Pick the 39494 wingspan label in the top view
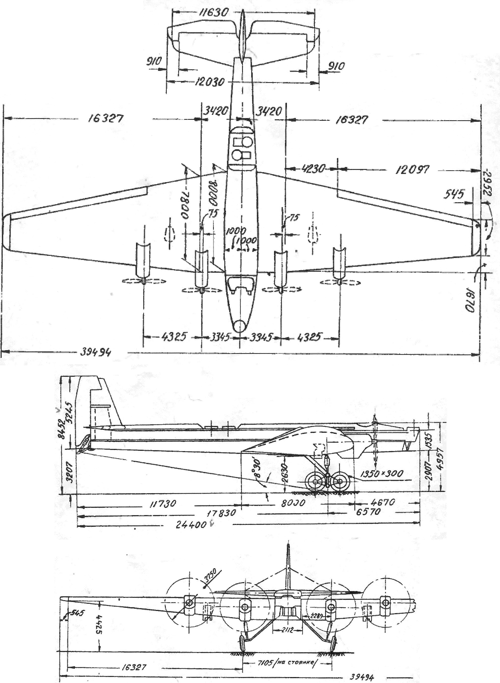click(x=95, y=352)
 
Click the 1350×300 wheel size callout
click(x=381, y=474)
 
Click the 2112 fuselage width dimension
click(x=287, y=630)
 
